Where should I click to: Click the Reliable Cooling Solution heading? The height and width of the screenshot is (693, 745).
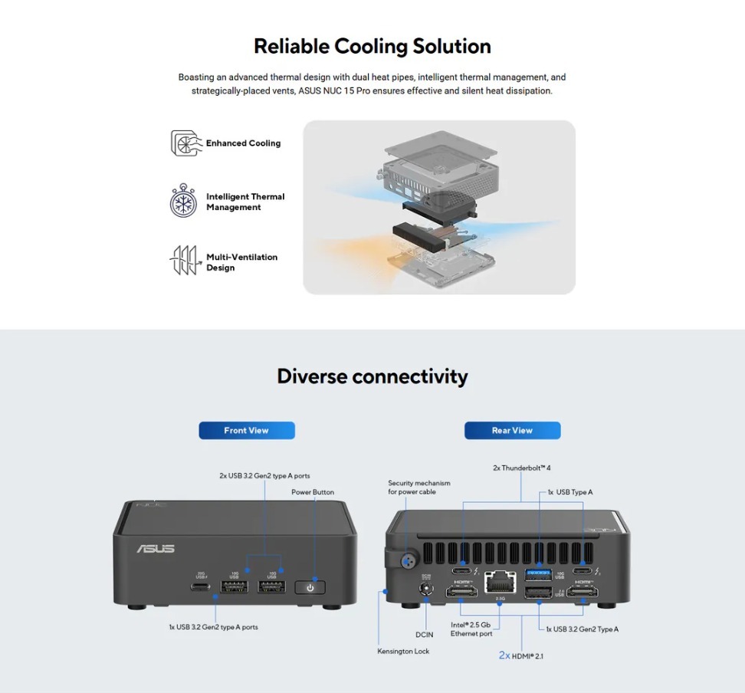click(x=372, y=46)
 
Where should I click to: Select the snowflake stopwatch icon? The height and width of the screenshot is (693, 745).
click(x=184, y=202)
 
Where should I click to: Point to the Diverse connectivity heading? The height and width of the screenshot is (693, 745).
click(x=372, y=376)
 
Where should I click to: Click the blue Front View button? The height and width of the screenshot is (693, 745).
click(x=247, y=431)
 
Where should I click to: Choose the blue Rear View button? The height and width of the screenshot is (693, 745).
click(x=512, y=431)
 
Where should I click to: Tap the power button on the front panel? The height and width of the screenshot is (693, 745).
click(x=310, y=587)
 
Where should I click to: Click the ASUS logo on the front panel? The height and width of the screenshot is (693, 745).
click(x=156, y=549)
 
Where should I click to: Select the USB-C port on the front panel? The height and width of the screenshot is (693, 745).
click(x=201, y=587)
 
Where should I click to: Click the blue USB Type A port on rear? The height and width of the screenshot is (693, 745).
click(x=538, y=573)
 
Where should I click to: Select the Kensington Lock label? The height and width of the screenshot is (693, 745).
click(x=403, y=651)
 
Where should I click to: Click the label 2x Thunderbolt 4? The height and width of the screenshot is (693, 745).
click(x=521, y=468)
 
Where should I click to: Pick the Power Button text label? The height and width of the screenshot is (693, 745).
click(x=313, y=492)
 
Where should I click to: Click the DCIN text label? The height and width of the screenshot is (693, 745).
click(x=424, y=634)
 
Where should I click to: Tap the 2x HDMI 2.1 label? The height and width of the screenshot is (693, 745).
click(x=521, y=655)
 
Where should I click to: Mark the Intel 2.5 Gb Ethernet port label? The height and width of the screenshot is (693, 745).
click(x=471, y=629)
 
